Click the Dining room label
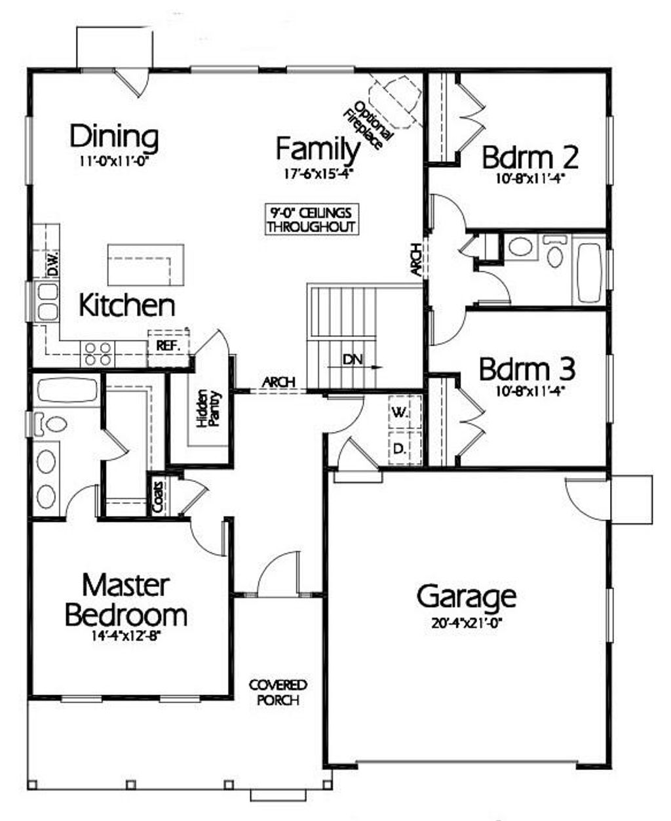pyautogui.click(x=114, y=137)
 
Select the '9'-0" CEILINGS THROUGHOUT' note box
pyautogui.click(x=311, y=220)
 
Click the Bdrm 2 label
pyautogui.click(x=530, y=157)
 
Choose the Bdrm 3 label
pyautogui.click(x=527, y=369)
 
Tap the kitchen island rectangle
pyautogui.click(x=145, y=265)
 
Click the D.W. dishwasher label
pyautogui.click(x=54, y=264)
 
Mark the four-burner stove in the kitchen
pyautogui.click(x=97, y=354)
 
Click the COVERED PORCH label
pyautogui.click(x=278, y=692)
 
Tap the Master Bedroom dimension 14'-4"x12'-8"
pyautogui.click(x=126, y=635)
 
